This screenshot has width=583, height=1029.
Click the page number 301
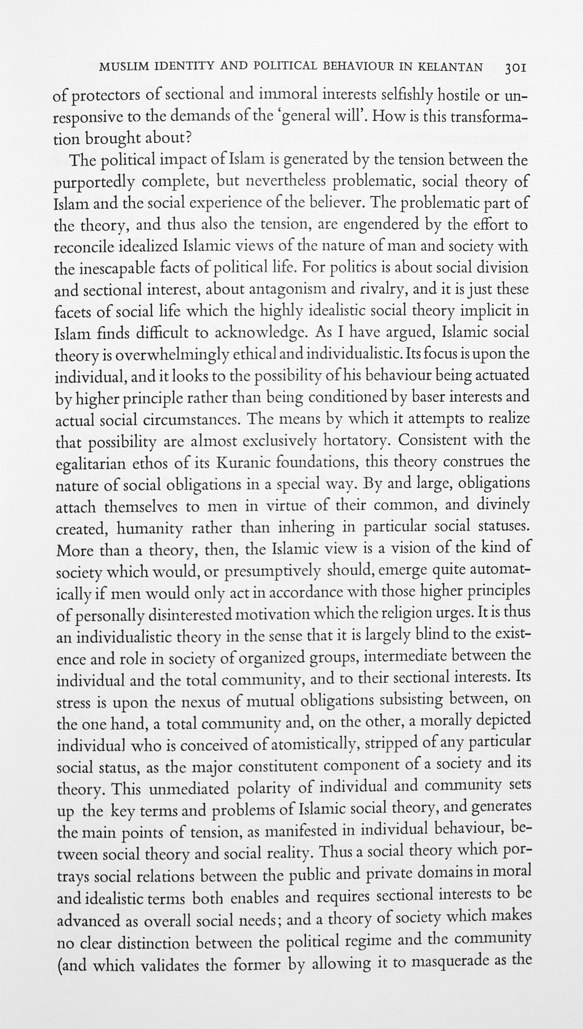[513, 68]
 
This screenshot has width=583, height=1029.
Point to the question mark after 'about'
[188, 138]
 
